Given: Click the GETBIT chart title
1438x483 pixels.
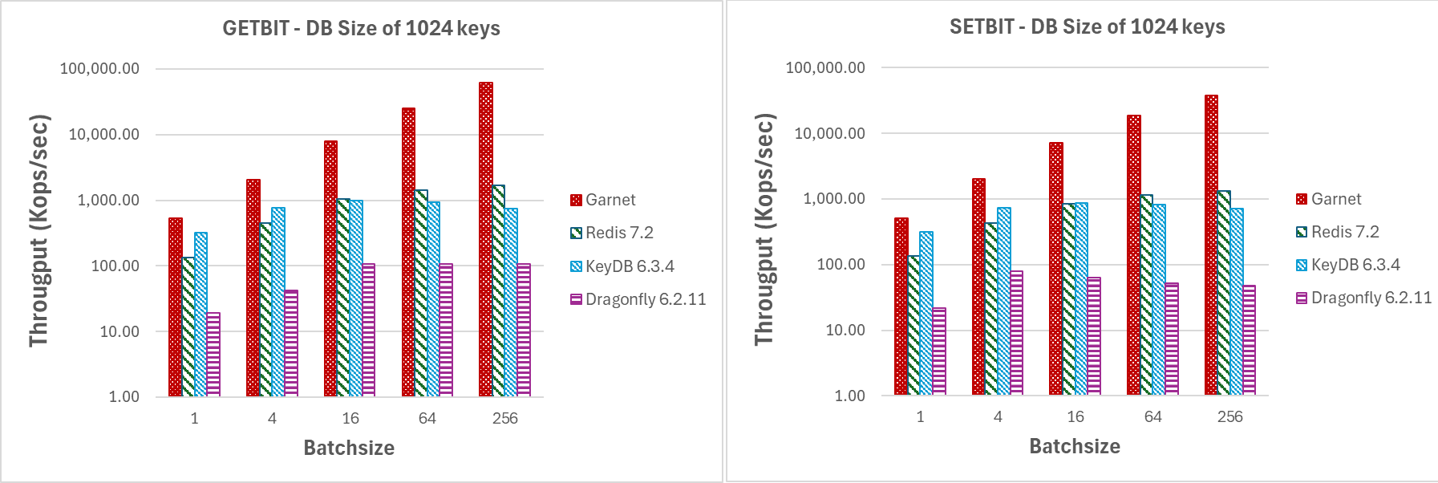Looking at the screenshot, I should point(361,29).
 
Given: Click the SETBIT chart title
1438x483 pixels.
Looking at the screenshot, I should point(1087,27).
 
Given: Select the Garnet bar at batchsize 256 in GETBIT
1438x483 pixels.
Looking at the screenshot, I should point(485,241).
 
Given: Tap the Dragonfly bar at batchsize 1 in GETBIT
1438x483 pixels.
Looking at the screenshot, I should point(213,355).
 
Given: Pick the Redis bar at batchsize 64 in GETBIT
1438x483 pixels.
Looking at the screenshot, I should point(421,294).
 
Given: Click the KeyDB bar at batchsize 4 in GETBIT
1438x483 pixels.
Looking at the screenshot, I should point(278,302).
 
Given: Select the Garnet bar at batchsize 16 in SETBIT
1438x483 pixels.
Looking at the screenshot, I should point(1055,269).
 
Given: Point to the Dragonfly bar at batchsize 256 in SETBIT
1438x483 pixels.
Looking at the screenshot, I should point(1249,340).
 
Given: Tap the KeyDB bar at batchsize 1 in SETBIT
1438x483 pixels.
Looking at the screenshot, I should point(926,314).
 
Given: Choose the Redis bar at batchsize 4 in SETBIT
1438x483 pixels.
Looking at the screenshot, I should point(991,309).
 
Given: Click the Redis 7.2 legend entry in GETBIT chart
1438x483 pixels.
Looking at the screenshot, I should point(618,233).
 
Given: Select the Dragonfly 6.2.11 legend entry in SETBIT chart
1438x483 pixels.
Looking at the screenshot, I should point(1371,298).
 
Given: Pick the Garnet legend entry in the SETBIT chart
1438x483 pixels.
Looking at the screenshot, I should point(1335,199).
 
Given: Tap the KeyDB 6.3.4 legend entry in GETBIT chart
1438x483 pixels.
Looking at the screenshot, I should point(629,266).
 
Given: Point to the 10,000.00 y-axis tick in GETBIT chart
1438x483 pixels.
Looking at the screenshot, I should point(104,135).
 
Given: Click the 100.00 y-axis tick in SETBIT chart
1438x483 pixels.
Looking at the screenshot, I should point(841,265).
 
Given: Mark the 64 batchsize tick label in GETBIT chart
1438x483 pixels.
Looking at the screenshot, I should point(427,418).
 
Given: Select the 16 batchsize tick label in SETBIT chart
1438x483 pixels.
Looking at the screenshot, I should point(1075,416).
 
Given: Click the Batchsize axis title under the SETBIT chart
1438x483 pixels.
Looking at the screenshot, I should point(1075,446).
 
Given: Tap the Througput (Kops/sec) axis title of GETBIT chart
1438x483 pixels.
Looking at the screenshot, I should point(39,231).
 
